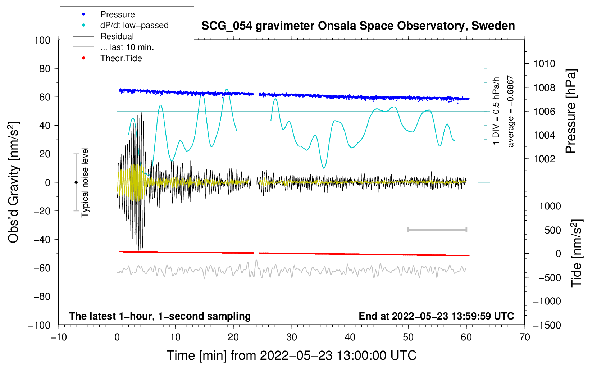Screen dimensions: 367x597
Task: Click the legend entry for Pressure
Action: [117, 14]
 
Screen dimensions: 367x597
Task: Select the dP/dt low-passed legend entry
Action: [134, 25]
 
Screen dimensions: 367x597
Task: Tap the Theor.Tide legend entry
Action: [121, 58]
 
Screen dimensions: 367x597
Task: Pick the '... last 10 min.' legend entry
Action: [127, 47]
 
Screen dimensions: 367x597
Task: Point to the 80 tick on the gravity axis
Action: [45, 68]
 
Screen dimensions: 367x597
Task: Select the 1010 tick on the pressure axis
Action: [544, 64]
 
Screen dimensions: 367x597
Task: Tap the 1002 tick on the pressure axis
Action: [544, 159]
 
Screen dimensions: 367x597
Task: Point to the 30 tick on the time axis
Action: [292, 337]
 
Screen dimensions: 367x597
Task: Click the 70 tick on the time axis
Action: [525, 337]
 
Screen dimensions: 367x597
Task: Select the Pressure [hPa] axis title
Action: [571, 111]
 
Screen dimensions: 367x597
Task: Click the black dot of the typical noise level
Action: [76, 182]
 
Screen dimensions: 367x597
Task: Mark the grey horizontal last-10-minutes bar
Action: [437, 230]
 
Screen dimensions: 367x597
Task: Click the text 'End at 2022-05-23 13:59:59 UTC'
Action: [436, 316]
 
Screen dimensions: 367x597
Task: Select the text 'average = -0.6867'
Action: [511, 111]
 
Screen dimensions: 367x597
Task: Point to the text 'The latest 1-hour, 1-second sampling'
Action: [160, 316]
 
